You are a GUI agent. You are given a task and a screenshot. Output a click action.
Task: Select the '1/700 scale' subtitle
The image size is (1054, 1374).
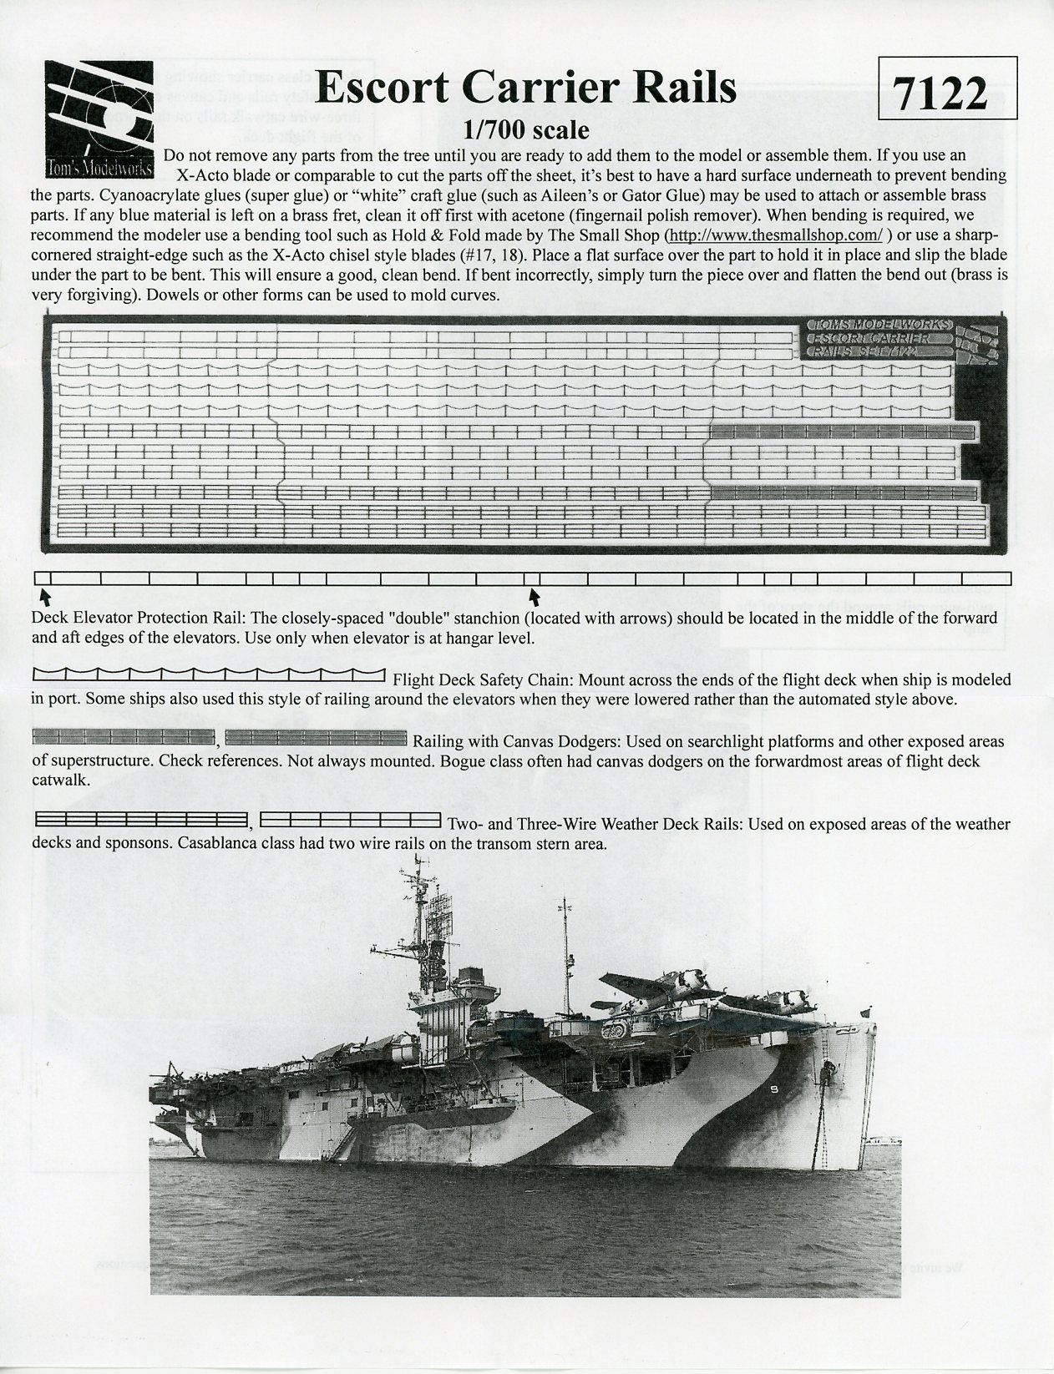pyautogui.click(x=527, y=131)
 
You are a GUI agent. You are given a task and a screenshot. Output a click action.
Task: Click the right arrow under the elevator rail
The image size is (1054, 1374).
pyautogui.click(x=535, y=594)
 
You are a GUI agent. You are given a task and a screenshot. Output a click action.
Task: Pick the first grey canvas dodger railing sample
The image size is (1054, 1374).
pyautogui.click(x=123, y=736)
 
